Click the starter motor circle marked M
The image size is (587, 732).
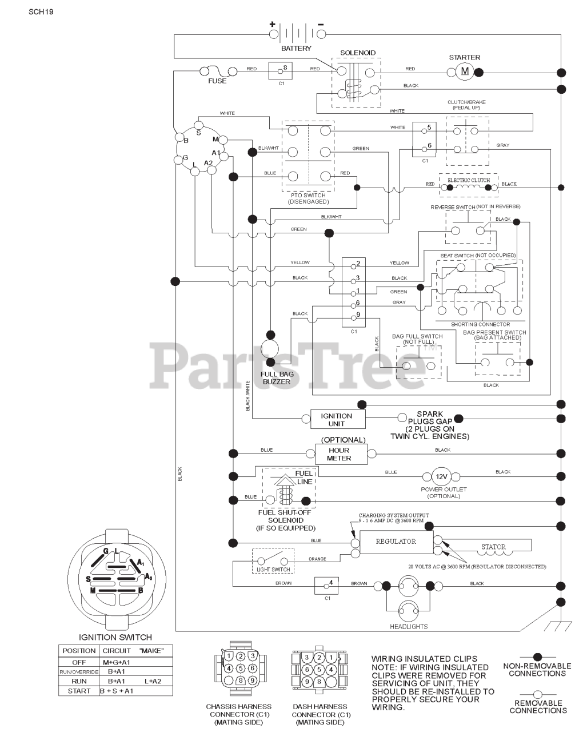pos(464,71)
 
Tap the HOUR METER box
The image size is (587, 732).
pos(339,454)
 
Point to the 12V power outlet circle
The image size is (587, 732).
pos(441,476)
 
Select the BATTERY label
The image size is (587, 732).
pos(296,49)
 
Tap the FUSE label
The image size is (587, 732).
pos(217,81)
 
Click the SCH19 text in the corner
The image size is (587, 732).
pos(41,11)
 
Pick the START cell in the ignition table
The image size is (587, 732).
pos(79,691)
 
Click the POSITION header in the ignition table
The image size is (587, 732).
pos(79,651)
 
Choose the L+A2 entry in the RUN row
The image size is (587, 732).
pos(153,681)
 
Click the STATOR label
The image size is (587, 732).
pos(493,547)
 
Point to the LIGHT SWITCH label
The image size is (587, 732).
pos(273,570)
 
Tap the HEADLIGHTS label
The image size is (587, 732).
pos(409,627)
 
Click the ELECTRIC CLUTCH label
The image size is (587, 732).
pos(469,180)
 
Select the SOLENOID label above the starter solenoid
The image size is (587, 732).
pos(358,53)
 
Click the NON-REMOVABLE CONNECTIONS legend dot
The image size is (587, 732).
pos(537,657)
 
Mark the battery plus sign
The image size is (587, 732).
pos(273,24)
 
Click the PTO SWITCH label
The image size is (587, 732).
pos(308,196)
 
